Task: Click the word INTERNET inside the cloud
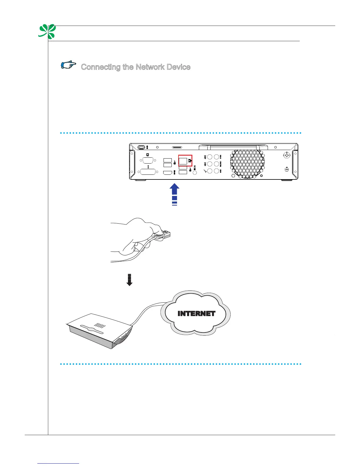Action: coord(196,314)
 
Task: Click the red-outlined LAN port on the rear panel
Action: coord(183,161)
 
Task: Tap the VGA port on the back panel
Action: coord(148,160)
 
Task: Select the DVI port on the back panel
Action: coord(148,172)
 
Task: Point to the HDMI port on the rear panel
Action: coord(168,172)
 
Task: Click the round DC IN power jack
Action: coord(194,173)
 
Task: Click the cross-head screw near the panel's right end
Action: coord(287,155)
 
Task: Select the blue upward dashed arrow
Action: coord(175,194)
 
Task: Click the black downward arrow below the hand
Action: coord(129,280)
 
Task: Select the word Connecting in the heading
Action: coord(101,67)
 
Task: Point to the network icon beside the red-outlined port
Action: coord(190,161)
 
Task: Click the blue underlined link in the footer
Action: coord(59,463)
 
